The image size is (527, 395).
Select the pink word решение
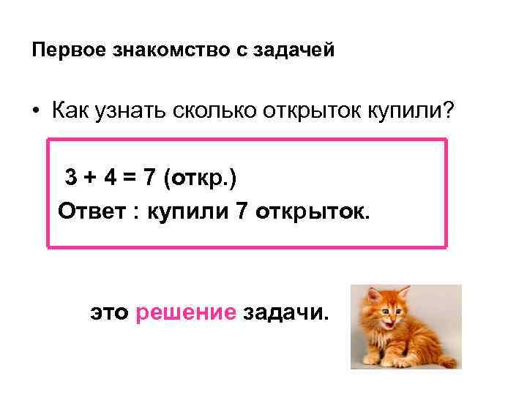[186, 313]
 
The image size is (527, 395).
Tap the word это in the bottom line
[109, 314]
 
